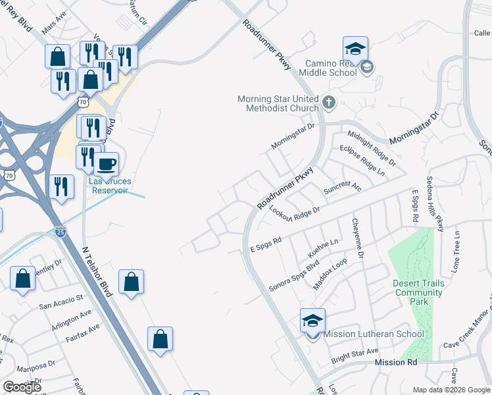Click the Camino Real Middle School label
pos(330,68)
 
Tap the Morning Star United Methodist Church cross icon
pos(329,103)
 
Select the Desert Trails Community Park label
pos(418,292)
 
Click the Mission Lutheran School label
pos(374,334)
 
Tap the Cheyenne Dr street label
pos(359,238)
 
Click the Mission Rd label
pos(396,363)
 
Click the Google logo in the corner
pos(22,387)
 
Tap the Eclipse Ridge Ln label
pos(362,160)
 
